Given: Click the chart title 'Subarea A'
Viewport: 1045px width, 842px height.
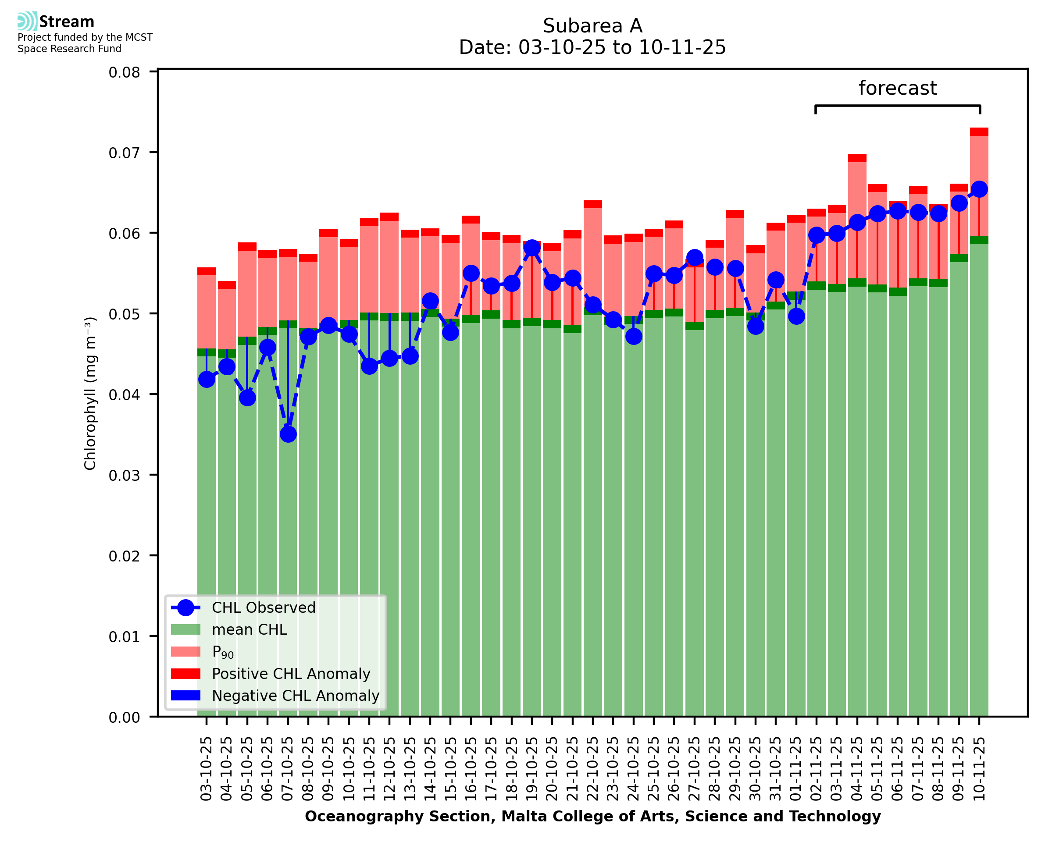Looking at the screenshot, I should pyautogui.click(x=592, y=26).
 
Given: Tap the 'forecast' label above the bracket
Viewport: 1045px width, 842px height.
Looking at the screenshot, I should pyautogui.click(x=898, y=88).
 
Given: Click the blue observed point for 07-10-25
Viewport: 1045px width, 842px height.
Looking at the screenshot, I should pyautogui.click(x=288, y=434).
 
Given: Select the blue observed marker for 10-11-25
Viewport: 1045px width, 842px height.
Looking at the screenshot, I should pyautogui.click(x=979, y=189).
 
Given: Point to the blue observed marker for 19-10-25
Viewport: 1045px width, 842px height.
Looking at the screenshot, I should pyautogui.click(x=532, y=248).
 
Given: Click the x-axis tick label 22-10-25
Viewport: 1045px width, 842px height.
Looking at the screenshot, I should pyautogui.click(x=593, y=769).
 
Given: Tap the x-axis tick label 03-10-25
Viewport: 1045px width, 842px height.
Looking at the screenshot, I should pyautogui.click(x=207, y=769).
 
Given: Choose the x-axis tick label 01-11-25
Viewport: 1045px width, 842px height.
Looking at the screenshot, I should pyautogui.click(x=796, y=769).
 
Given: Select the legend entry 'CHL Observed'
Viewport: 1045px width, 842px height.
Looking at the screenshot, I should pyautogui.click(x=264, y=608).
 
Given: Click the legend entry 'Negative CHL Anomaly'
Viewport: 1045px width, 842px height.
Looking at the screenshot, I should pyautogui.click(x=296, y=696).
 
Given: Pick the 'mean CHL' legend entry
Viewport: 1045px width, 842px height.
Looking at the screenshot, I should pyautogui.click(x=250, y=629).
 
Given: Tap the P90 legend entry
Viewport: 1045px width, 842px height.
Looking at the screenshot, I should pyautogui.click(x=223, y=652).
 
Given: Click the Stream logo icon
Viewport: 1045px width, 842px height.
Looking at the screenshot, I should pyautogui.click(x=27, y=21).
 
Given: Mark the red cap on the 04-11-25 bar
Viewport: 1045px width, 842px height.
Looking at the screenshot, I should pyautogui.click(x=857, y=158).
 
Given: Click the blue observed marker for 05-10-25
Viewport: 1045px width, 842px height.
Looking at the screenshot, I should pyautogui.click(x=247, y=398).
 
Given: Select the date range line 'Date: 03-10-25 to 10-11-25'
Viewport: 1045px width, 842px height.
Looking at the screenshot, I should pyautogui.click(x=592, y=47).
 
